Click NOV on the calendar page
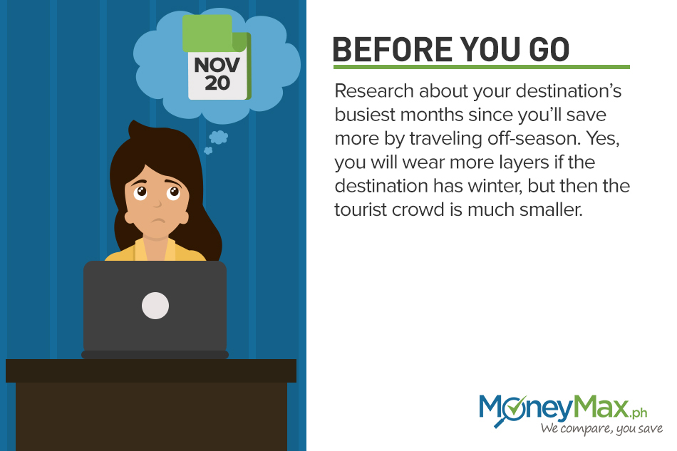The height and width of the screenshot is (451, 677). [217, 65]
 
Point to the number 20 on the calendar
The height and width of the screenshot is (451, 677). [217, 83]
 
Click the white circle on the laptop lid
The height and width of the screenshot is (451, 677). [155, 306]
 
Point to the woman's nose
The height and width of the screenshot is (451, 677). [157, 203]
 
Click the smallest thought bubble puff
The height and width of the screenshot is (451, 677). [208, 150]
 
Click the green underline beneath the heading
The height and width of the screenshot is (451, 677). [482, 67]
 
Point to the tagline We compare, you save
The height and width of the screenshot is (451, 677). [601, 429]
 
